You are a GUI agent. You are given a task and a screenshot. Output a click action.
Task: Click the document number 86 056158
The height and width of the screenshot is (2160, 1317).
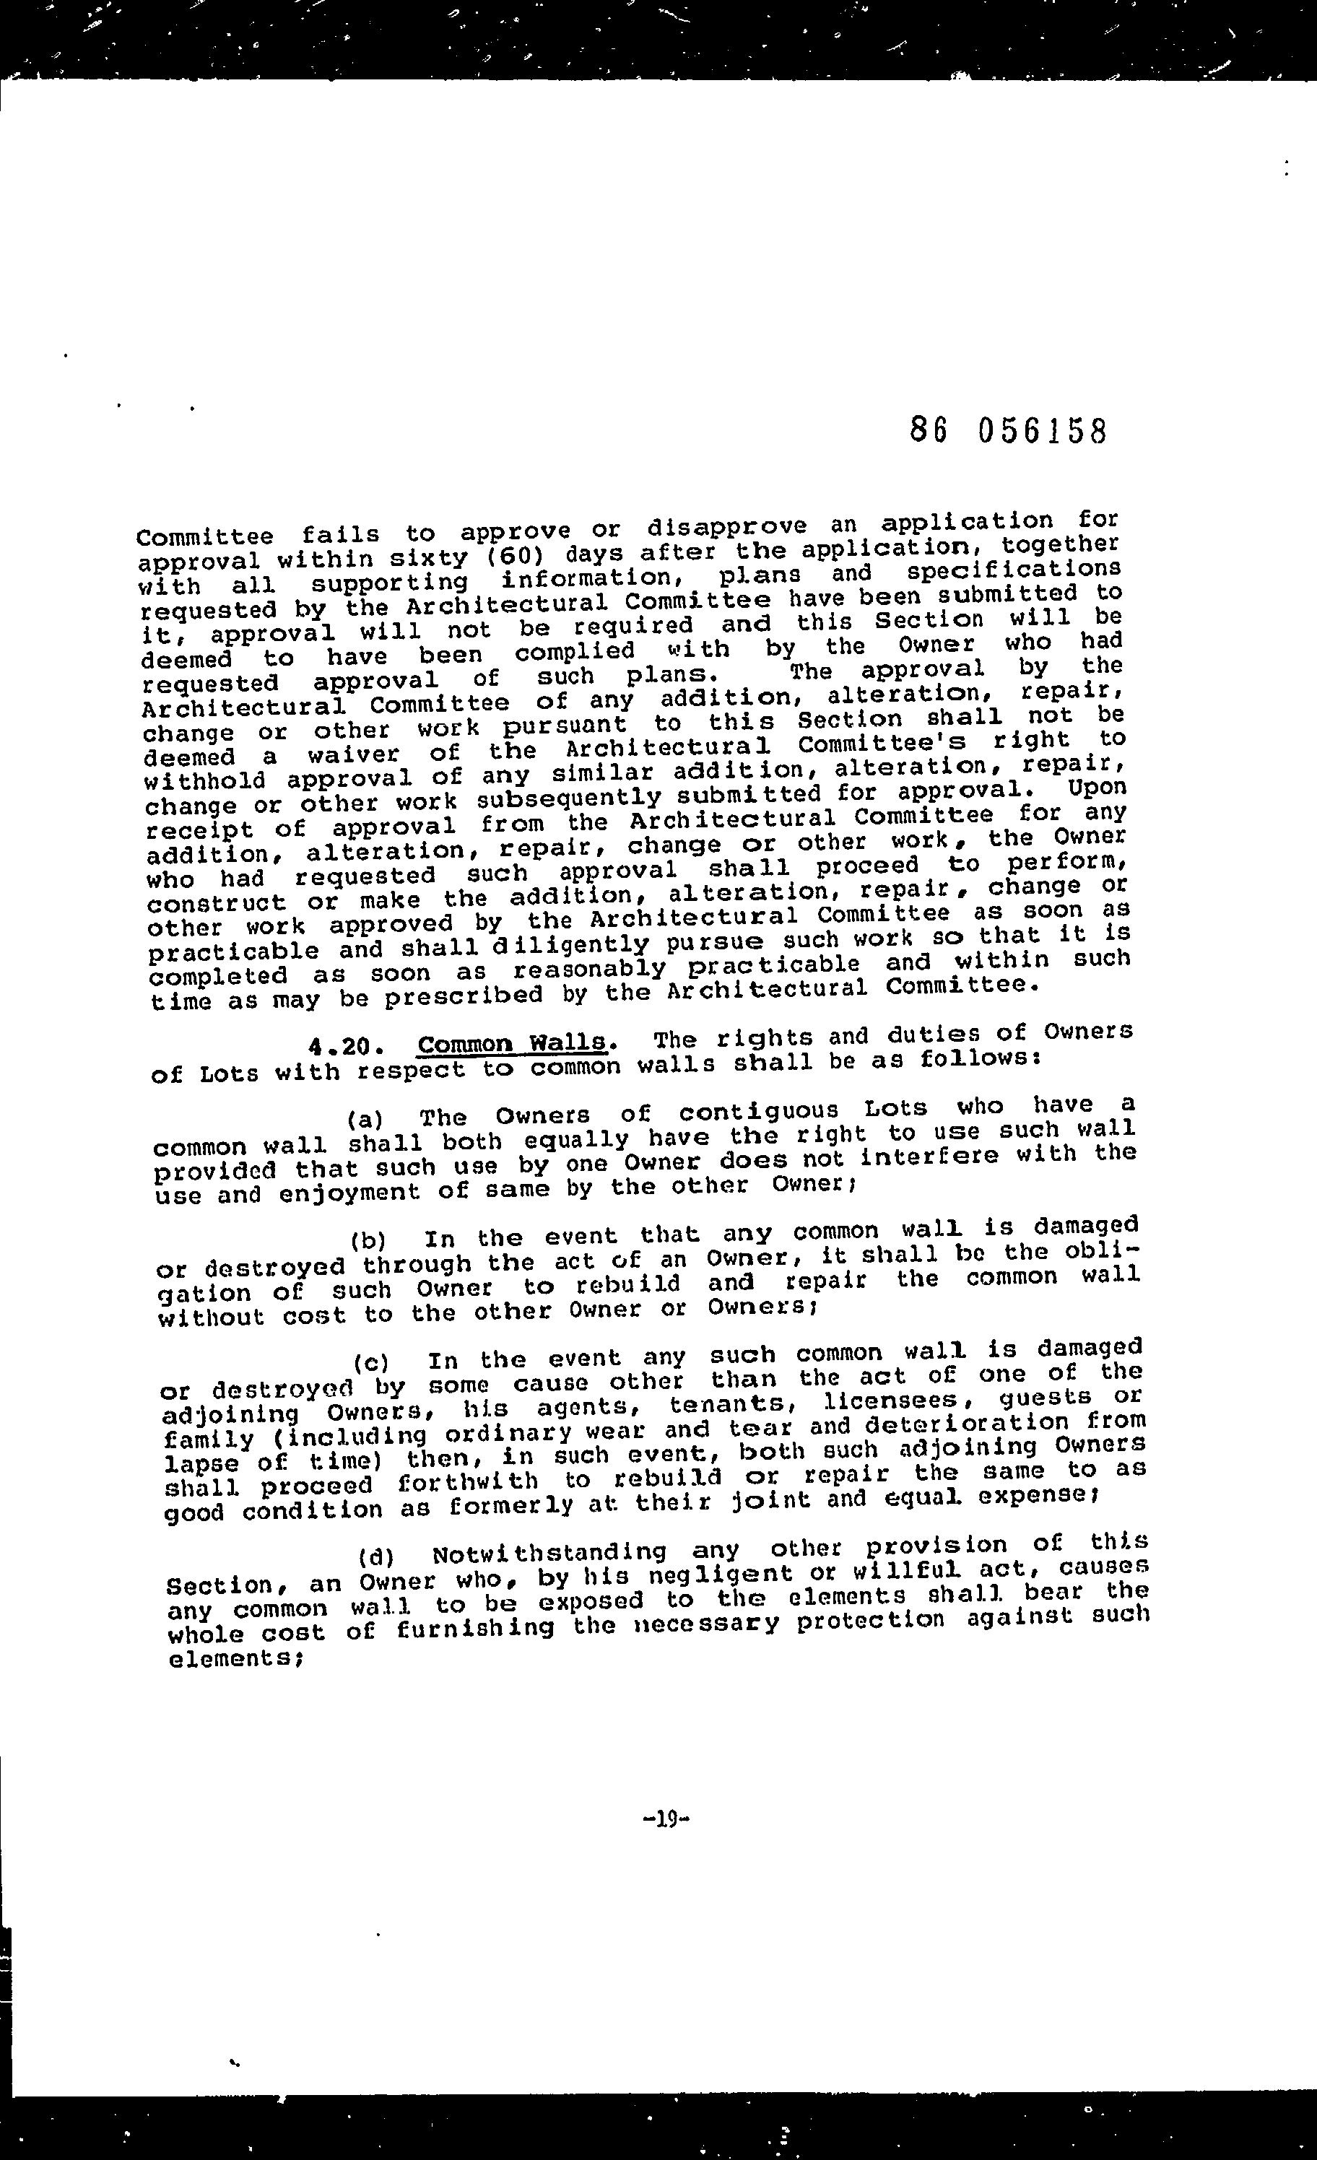click(1009, 431)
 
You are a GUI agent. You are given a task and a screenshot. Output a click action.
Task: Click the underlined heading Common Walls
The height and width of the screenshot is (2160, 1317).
click(513, 1043)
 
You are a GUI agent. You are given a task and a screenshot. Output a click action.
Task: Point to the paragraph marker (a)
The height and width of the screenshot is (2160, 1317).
click(365, 1120)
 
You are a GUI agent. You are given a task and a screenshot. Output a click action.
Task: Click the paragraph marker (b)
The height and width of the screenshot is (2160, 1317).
click(368, 1240)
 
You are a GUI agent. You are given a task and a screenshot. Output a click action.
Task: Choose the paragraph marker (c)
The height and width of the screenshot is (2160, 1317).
click(371, 1362)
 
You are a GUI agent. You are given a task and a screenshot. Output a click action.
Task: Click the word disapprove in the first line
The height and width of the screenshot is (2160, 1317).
click(727, 526)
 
